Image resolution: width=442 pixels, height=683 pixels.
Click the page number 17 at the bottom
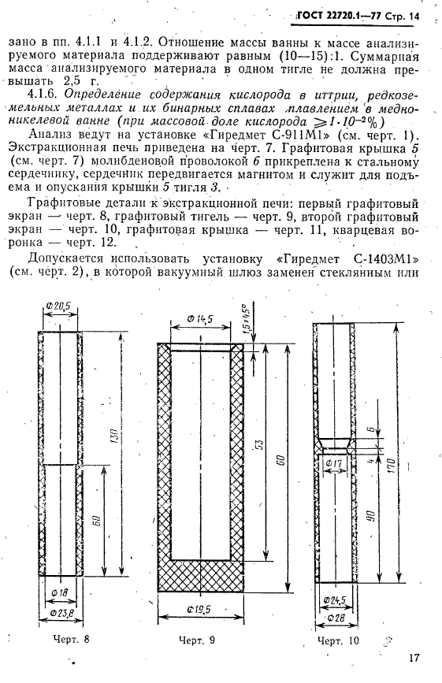pos(416,659)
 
